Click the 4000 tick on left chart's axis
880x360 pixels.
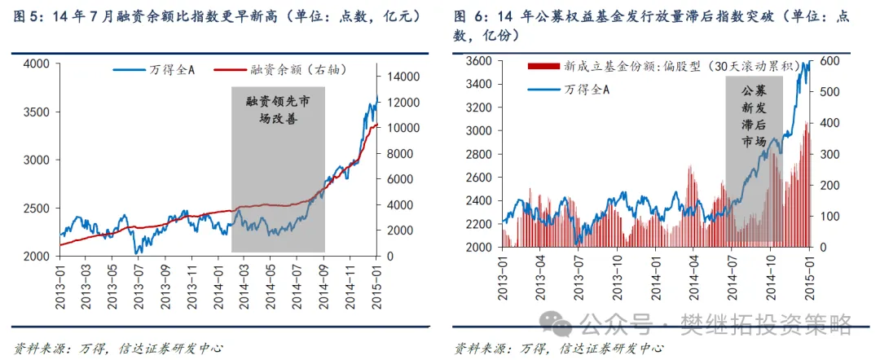(37, 64)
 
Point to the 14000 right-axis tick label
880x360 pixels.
(398, 77)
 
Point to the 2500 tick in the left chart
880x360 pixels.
(37, 208)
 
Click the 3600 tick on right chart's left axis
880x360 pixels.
(477, 61)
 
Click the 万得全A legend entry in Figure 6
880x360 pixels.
(587, 90)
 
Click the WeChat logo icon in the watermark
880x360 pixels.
(562, 326)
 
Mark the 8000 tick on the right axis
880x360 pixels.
(394, 154)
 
